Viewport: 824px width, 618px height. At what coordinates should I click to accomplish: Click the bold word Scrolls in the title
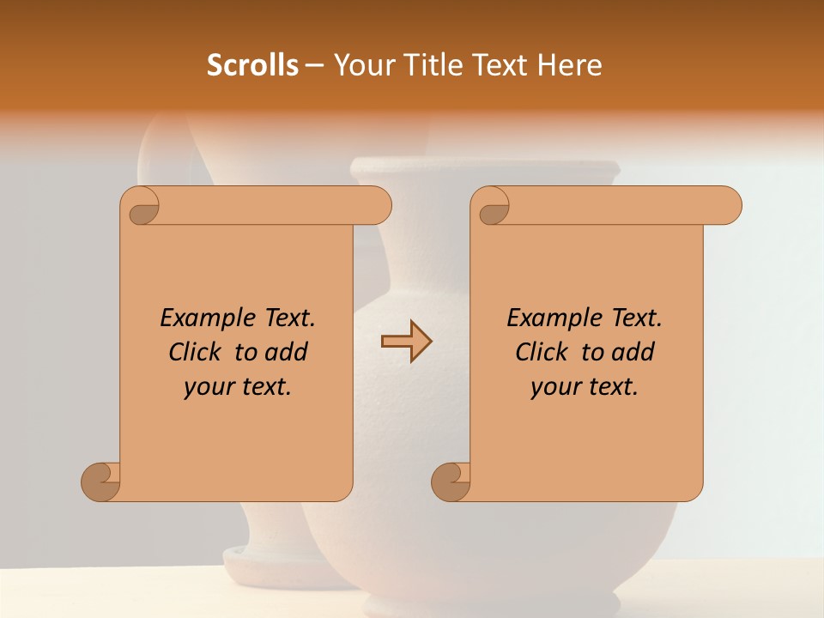(x=252, y=65)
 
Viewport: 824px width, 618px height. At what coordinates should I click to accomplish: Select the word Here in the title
(x=570, y=65)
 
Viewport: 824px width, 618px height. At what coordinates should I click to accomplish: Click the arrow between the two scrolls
(x=406, y=342)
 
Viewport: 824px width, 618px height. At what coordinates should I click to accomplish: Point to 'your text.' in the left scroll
(x=238, y=387)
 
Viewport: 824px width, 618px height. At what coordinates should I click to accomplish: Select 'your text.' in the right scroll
(x=585, y=387)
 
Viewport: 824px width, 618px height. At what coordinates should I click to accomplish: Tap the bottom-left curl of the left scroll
(x=101, y=482)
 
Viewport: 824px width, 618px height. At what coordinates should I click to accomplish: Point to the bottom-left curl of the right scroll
(x=451, y=482)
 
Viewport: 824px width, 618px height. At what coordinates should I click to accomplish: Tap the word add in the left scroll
(x=285, y=352)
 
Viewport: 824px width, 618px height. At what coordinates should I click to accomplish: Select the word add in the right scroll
(x=632, y=352)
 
